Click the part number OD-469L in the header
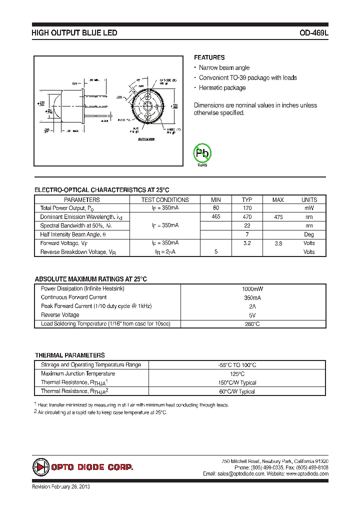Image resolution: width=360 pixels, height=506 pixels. [313, 33]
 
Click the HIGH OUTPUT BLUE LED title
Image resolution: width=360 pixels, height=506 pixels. [74, 33]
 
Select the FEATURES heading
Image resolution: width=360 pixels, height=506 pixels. [209, 57]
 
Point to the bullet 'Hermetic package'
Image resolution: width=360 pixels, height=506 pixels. [222, 88]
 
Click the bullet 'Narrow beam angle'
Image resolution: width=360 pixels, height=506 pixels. [224, 68]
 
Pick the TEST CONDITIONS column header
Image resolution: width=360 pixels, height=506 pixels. [165, 199]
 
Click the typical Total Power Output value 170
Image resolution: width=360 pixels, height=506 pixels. [247, 208]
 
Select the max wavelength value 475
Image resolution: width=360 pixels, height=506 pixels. [277, 217]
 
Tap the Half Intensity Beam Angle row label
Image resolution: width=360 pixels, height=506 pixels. [73, 234]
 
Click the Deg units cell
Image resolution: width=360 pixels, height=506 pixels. [309, 234]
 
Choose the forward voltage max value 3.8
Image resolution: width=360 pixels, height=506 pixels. [277, 243]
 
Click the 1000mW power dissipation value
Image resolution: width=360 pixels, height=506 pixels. [252, 289]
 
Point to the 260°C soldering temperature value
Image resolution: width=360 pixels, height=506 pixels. [252, 324]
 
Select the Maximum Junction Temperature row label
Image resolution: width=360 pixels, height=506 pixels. [78, 374]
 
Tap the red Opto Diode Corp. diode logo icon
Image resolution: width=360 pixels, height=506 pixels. [40, 467]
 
